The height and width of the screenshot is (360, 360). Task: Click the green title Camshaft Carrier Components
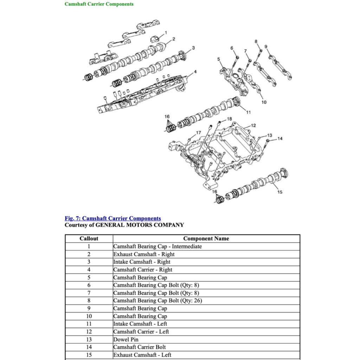pyautogui.click(x=99, y=4)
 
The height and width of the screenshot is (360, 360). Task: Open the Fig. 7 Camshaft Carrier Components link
pyautogui.click(x=112, y=218)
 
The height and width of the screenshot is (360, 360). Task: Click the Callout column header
pyautogui.click(x=89, y=239)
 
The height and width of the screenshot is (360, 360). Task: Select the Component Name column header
pyautogui.click(x=206, y=239)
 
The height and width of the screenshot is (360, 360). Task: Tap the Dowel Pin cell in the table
pyautogui.click(x=126, y=339)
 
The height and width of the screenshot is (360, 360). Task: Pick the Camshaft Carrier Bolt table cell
pyautogui.click(x=139, y=347)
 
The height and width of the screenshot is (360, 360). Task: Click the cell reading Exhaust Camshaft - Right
pyautogui.click(x=144, y=254)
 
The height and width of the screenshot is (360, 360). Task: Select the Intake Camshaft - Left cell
pyautogui.click(x=140, y=324)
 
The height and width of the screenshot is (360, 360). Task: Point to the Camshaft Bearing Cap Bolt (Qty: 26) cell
pyautogui.click(x=157, y=301)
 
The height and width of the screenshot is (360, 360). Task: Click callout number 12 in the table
pyautogui.click(x=89, y=332)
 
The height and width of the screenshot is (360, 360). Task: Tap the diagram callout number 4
pyautogui.click(x=195, y=72)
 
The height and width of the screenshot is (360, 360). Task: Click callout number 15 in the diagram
pyautogui.click(x=280, y=192)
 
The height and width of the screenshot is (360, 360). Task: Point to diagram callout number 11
pyautogui.click(x=248, y=112)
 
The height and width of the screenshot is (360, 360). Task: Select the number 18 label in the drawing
pyautogui.click(x=229, y=119)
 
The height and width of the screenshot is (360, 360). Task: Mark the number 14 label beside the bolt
pyautogui.click(x=280, y=139)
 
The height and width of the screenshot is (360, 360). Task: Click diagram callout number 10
pyautogui.click(x=264, y=102)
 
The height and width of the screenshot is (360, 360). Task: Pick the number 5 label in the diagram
pyautogui.click(x=218, y=59)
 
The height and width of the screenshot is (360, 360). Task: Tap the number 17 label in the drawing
pyautogui.click(x=199, y=133)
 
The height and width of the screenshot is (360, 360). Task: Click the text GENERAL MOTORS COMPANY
pyautogui.click(x=140, y=225)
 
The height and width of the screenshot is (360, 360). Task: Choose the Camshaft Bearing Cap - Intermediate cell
pyautogui.click(x=157, y=246)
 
